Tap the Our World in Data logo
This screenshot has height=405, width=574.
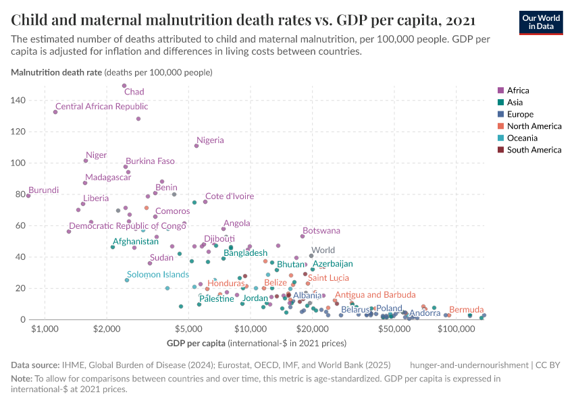pyautogui.click(x=541, y=22)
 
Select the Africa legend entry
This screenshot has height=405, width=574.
pyautogui.click(x=518, y=90)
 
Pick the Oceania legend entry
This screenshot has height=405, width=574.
pyautogui.click(x=522, y=138)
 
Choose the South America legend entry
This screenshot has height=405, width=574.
pyautogui.click(x=533, y=150)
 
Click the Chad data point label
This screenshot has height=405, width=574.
pyautogui.click(x=134, y=92)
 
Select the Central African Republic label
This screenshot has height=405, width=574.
pyautogui.click(x=101, y=107)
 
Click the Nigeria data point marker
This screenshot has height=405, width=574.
pyautogui.click(x=197, y=146)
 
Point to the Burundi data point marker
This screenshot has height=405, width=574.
pyautogui.click(x=28, y=196)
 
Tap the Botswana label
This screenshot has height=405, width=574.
pyautogui.click(x=321, y=231)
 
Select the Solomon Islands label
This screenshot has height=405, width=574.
pyautogui.click(x=158, y=275)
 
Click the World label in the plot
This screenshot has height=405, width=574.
pyautogui.click(x=323, y=250)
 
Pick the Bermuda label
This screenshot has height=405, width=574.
pyautogui.click(x=466, y=309)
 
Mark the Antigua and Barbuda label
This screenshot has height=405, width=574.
pyautogui.click(x=375, y=295)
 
